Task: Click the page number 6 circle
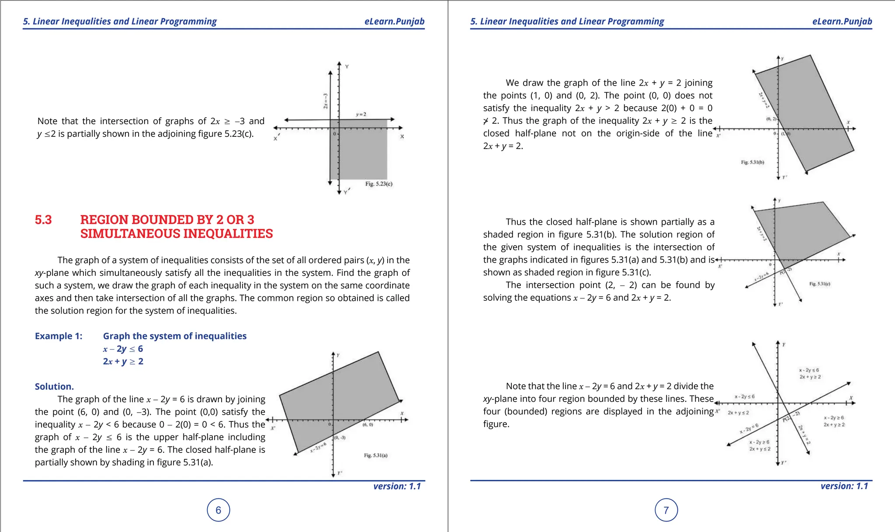218,510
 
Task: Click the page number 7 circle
666,510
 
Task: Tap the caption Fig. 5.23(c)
378,184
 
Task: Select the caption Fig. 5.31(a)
375,456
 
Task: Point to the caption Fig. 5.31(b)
753,162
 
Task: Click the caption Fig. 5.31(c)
819,284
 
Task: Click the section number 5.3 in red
43,220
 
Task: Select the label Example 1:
59,336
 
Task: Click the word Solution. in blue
54,386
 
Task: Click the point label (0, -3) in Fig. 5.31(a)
340,438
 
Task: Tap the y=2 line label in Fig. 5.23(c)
361,115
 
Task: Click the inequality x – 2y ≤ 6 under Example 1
123,349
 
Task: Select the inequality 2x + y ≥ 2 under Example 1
123,362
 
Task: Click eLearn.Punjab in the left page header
394,21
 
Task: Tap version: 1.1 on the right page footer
844,486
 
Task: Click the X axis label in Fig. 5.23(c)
402,136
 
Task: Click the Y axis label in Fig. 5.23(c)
347,67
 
